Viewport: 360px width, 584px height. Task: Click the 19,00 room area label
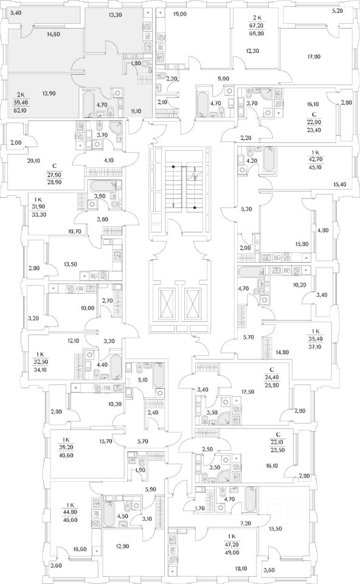(180, 15)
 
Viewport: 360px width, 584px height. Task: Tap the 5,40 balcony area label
(16, 13)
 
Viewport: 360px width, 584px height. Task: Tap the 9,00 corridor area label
(223, 78)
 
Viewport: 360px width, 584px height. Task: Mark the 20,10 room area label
(33, 161)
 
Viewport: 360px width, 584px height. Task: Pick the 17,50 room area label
(247, 392)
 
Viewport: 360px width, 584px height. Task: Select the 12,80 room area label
(122, 546)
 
